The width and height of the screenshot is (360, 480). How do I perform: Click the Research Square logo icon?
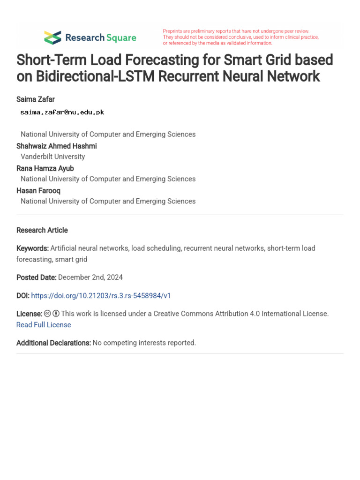pos(52,37)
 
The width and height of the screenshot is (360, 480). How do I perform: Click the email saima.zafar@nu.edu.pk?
pos(62,112)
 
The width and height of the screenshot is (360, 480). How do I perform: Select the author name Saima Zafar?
pos(36,99)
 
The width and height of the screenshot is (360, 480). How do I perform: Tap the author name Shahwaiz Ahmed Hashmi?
pos(56,146)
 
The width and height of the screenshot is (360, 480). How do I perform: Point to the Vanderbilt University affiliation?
pos(52,157)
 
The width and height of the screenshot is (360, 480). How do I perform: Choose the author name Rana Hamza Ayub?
pos(45,168)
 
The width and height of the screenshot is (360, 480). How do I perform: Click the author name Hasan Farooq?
pos(38,191)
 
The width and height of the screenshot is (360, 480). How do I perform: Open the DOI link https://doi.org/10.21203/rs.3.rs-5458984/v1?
pos(101,296)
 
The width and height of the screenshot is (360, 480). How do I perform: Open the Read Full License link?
pos(44,325)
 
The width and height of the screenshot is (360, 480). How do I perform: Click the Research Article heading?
pos(42,230)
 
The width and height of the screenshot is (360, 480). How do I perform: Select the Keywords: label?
pos(32,248)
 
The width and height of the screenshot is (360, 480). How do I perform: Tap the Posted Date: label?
pos(36,277)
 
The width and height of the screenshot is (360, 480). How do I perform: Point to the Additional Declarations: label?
pos(53,343)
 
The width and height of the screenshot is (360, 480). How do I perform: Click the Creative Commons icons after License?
pos(52,314)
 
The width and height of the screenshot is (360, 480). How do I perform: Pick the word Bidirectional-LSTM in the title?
pos(86,76)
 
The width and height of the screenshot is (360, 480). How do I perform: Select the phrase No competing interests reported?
pos(144,343)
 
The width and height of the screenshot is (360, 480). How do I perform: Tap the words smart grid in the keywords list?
pos(71,259)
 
